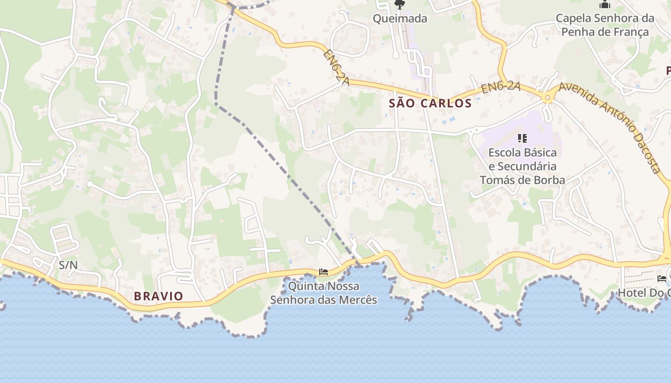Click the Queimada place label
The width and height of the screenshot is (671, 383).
coord(400,19)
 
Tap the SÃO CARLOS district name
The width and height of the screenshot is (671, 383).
coord(430,103)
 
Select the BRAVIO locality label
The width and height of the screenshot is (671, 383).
coord(158,296)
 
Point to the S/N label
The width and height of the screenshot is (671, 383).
coord(68,265)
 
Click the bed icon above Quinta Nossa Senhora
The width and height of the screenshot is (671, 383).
coord(324,272)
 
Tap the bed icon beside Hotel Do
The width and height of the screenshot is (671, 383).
coord(662,279)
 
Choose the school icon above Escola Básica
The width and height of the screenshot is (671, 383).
coord(522,139)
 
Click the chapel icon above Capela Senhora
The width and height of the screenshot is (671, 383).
coord(605,5)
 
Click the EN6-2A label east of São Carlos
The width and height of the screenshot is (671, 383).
coord(501,88)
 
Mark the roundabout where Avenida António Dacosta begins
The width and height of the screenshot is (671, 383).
coord(547,98)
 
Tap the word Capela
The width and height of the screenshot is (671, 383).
coord(573,18)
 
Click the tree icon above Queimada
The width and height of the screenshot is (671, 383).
coord(399,5)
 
